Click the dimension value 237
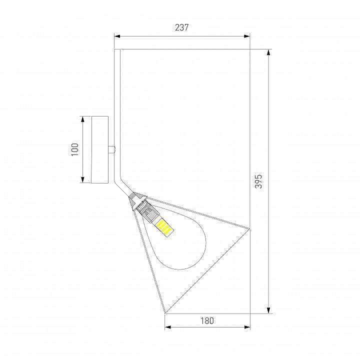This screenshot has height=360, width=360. point(181,28)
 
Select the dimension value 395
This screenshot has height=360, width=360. point(258,181)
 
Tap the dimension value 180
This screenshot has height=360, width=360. point(206,320)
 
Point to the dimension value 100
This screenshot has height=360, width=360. point(75,149)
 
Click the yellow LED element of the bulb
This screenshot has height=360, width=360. point(164,228)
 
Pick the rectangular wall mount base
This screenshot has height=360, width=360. point(99,149)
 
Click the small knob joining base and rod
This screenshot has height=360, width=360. point(112,149)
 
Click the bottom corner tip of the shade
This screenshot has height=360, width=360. point(165,313)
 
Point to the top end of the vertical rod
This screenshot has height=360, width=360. point(117,50)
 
